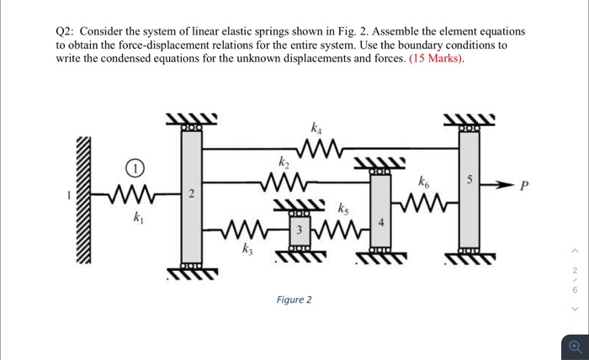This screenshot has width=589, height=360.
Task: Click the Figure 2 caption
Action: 294,299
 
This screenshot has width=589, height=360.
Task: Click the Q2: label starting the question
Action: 69,30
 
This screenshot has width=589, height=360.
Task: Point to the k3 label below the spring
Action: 246,249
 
